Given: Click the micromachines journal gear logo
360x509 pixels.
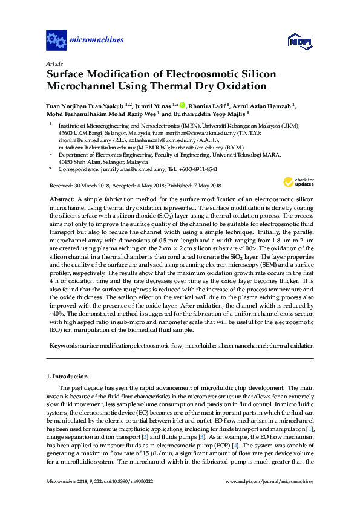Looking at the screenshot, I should coord(56,41).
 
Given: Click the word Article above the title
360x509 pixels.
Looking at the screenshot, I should coord(53,63).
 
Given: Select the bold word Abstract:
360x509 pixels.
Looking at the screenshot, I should coord(62,199).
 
